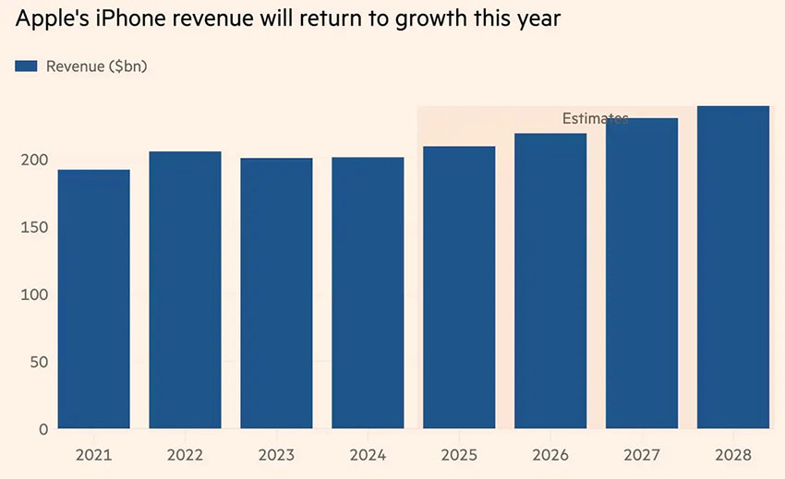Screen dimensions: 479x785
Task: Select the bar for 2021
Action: [93, 299]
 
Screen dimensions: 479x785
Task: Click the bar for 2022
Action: [185, 290]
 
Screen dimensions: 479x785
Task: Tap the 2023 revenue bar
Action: [276, 293]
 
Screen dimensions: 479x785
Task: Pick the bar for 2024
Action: [368, 293]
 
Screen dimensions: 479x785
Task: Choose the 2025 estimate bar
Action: [459, 288]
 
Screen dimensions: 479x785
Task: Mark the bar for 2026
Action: [550, 281]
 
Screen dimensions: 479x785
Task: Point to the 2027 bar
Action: [642, 273]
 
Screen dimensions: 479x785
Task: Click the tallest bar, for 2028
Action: [733, 268]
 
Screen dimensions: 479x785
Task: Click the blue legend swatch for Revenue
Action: [27, 66]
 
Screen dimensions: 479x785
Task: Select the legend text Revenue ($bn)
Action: [97, 66]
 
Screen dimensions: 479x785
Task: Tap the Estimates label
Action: [595, 118]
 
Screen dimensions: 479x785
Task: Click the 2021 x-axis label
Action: [93, 455]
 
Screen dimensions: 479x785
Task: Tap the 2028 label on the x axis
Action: [733, 455]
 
